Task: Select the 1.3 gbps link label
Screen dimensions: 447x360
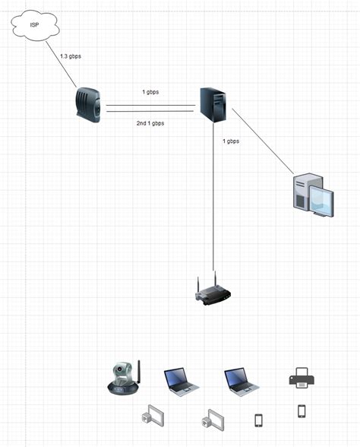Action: point(72,57)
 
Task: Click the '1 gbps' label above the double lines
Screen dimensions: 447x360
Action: point(150,92)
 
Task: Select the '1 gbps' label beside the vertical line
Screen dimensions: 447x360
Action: point(231,141)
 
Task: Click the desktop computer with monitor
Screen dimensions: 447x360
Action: point(311,192)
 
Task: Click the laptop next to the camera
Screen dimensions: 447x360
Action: point(181,380)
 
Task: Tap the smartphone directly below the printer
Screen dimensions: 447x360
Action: point(302,411)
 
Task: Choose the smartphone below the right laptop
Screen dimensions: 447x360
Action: point(258,420)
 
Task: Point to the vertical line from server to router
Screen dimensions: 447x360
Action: point(213,198)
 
